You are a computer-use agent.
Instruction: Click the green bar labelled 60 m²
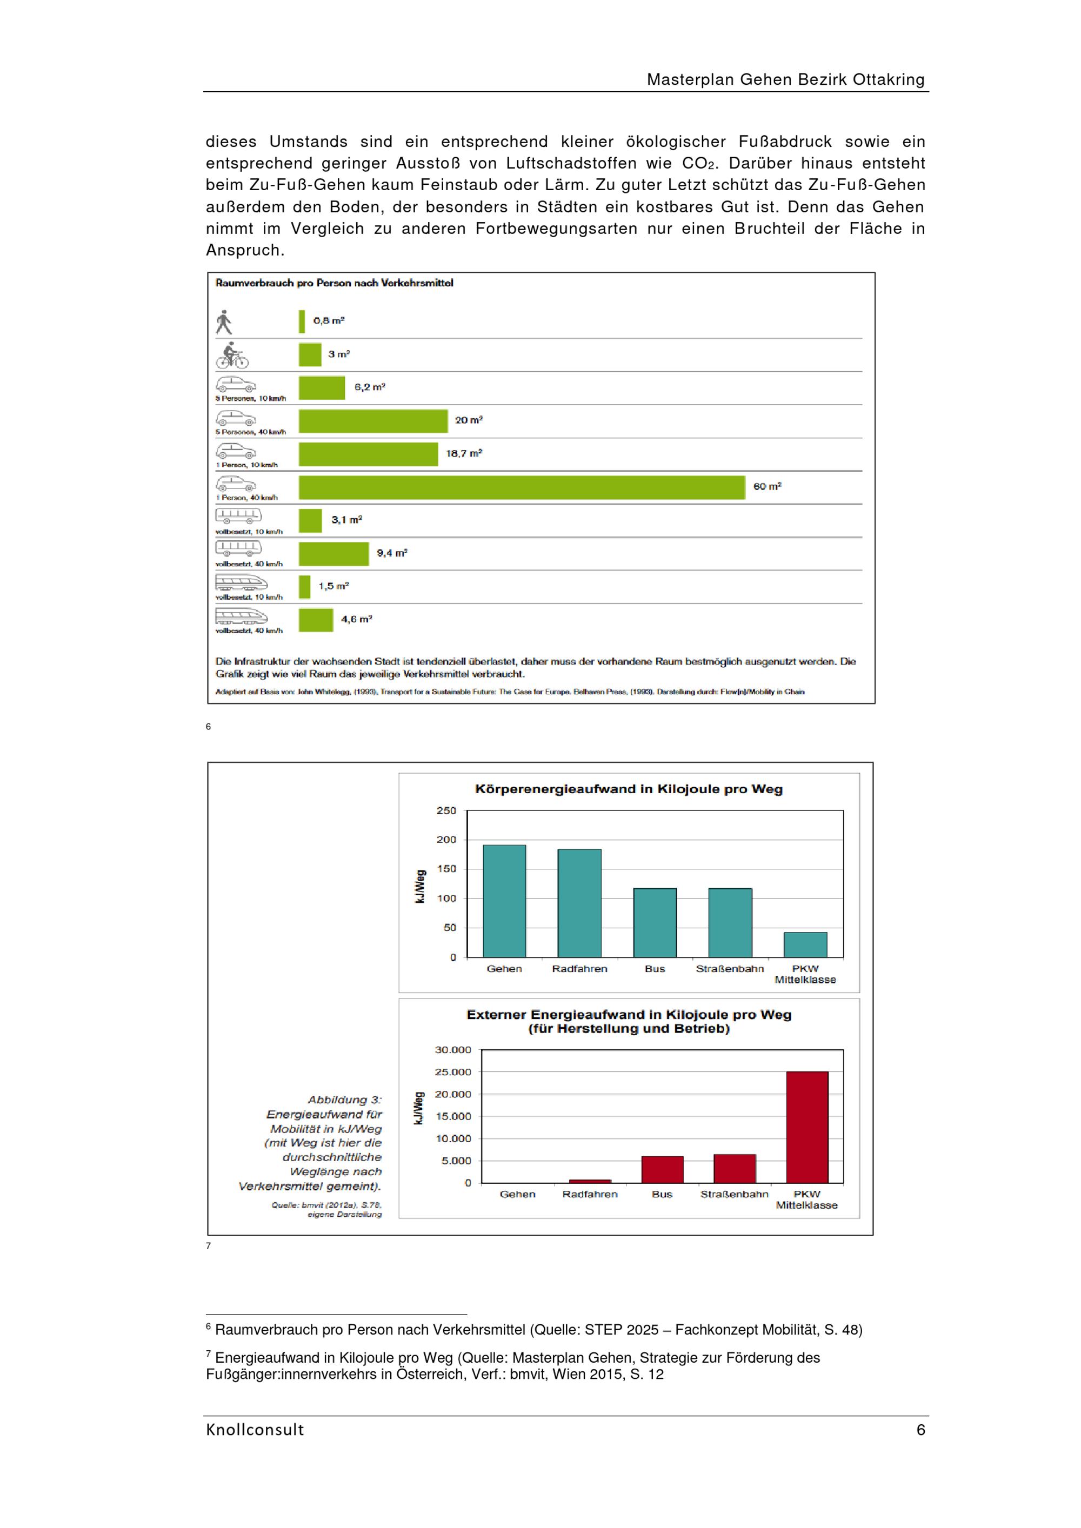[522, 487]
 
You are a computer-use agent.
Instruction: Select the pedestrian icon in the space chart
[224, 322]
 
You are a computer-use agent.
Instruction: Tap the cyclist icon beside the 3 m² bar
[232, 356]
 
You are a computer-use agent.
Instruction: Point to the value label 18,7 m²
[464, 453]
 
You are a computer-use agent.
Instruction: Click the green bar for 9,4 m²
[333, 554]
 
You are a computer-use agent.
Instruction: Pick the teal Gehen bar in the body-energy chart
[504, 901]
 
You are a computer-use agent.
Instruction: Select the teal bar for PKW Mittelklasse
[805, 945]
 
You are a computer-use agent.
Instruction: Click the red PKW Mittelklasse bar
[808, 1128]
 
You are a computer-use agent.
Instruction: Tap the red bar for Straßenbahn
[735, 1169]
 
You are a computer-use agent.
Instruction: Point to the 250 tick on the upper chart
[446, 810]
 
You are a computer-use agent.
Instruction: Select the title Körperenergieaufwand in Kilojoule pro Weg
[629, 789]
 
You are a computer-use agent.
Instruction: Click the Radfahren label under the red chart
[590, 1195]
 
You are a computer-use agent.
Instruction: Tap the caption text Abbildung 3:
[345, 1100]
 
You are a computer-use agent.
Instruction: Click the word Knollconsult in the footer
[255, 1430]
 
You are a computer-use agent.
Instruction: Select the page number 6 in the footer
[920, 1430]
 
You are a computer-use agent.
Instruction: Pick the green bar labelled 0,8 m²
[302, 321]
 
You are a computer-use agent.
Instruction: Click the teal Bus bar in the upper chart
[655, 923]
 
